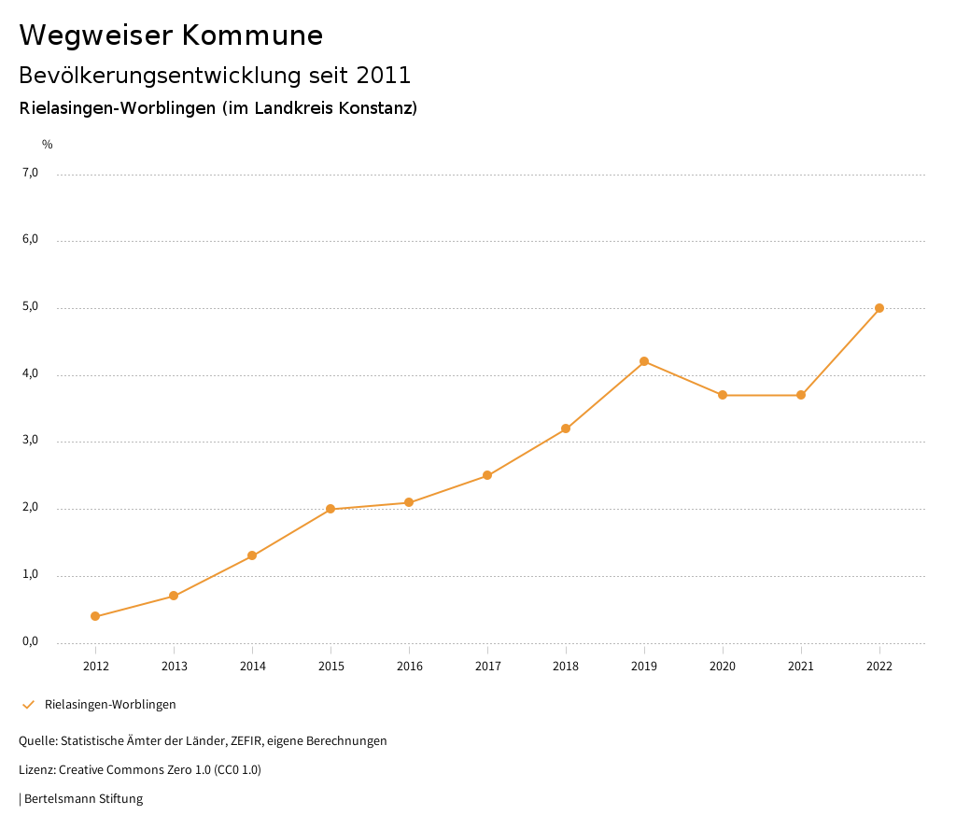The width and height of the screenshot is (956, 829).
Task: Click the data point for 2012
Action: (x=95, y=616)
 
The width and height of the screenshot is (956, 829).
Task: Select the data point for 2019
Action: (x=644, y=361)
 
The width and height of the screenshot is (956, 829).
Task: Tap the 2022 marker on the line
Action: (x=879, y=308)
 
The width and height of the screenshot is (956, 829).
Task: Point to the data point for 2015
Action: (x=330, y=509)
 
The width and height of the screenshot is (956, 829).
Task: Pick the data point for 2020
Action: (x=723, y=395)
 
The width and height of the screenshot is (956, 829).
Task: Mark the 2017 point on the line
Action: (x=487, y=475)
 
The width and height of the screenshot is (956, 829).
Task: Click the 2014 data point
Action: (x=252, y=555)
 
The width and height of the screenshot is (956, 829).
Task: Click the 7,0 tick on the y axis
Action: (x=31, y=173)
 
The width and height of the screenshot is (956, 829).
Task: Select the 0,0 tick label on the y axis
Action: (x=31, y=641)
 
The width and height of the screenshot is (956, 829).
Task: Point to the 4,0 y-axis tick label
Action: (x=31, y=373)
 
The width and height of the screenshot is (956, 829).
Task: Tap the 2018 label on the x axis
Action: (x=566, y=666)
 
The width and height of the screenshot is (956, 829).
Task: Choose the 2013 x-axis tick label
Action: (x=174, y=666)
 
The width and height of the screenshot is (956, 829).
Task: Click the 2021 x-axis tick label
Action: (x=801, y=666)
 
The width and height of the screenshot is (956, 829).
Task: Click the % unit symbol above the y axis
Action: (x=48, y=145)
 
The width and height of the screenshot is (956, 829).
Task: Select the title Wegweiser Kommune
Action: (x=171, y=35)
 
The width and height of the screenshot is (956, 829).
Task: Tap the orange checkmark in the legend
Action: (x=28, y=704)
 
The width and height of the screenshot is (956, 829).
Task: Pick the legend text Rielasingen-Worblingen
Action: (x=110, y=704)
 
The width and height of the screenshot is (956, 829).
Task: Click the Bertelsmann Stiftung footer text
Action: (x=83, y=799)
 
